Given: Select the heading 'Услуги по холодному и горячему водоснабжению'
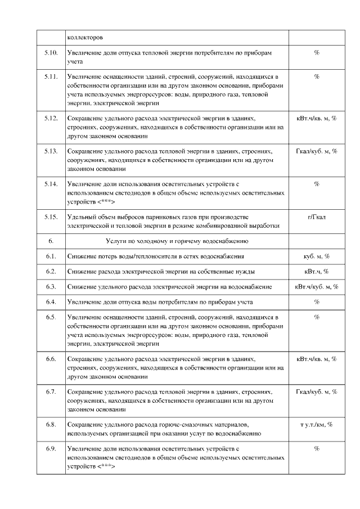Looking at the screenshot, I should pos(177,241).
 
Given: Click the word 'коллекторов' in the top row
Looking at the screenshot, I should pos(85,38).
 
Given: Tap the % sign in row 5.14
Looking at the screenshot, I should pos(317,184).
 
